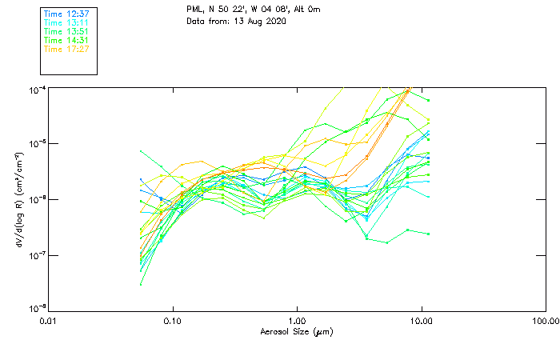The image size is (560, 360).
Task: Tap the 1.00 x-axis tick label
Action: (x=297, y=320)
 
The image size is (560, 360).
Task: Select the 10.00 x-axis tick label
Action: (x=421, y=320)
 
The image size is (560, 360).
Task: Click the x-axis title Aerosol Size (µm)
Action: (x=296, y=331)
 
